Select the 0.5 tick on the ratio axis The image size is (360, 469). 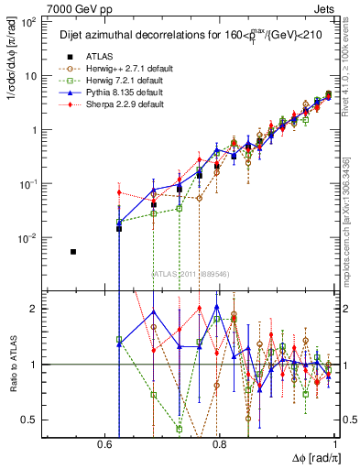click(x=28, y=420)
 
